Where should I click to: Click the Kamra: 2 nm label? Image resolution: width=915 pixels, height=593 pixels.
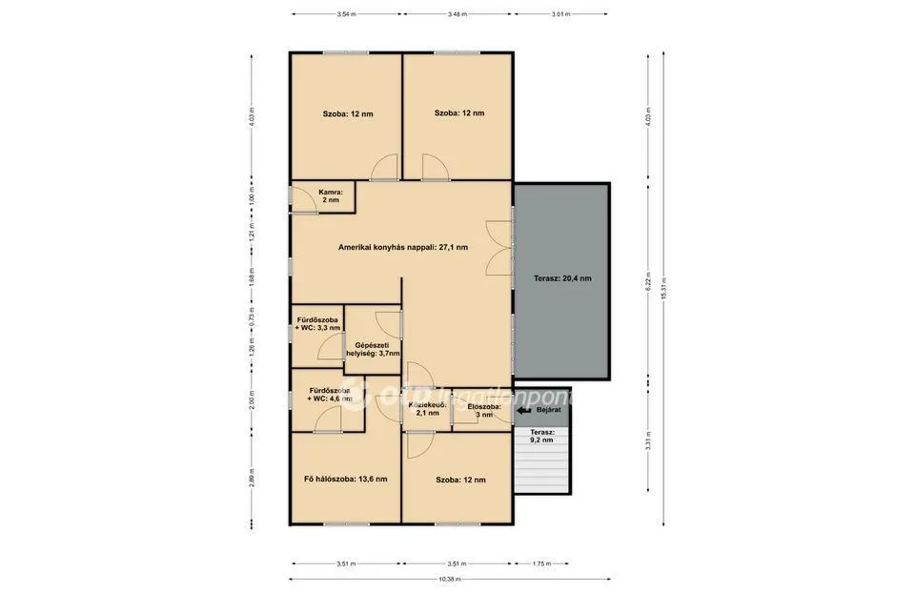pos(330,196)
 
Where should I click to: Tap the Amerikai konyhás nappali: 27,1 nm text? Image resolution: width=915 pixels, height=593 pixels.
pos(402,247)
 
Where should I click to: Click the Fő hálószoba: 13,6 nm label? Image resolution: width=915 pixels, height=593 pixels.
pos(345,479)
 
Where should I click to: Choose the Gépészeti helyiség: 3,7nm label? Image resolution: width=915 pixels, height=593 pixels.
pos(373,349)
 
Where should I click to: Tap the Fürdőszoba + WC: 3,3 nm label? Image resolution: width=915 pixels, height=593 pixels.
pos(317,323)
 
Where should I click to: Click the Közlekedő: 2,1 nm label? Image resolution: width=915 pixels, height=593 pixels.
pos(428,409)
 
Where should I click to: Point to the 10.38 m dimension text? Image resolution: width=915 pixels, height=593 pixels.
pos(450,579)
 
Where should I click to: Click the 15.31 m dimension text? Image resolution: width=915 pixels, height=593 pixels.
pos(664,287)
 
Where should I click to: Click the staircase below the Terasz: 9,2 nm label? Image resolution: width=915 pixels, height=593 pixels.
pos(541,470)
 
